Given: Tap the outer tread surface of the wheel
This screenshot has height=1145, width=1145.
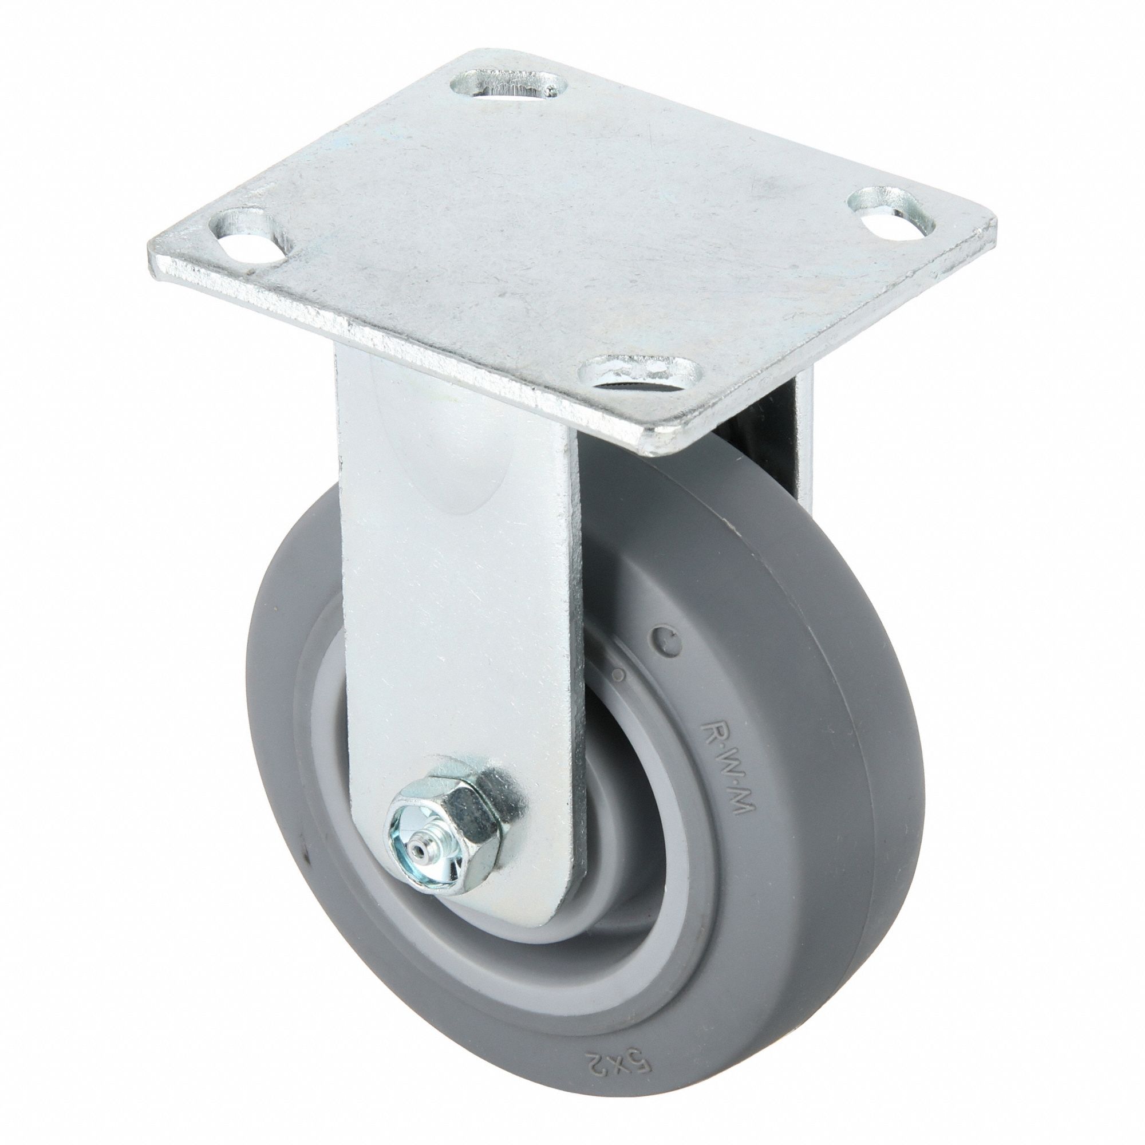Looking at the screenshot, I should coord(854,741).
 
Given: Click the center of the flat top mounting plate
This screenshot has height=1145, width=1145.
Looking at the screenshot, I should coord(569,237).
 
